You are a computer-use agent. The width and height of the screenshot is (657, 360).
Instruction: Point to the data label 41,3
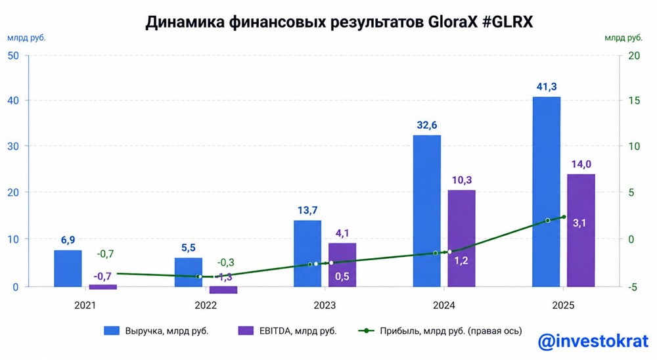pos(547,86)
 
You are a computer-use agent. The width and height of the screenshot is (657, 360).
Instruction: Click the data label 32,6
pos(426,124)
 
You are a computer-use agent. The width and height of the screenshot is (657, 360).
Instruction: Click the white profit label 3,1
pos(580,223)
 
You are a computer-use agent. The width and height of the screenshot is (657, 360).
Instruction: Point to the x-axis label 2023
pos(325,306)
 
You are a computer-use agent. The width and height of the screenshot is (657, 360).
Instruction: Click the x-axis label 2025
pos(563,306)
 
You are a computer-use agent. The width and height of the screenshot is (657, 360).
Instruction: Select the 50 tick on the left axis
pos(12,55)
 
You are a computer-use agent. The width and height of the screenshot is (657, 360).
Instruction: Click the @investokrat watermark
pos(594,342)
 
